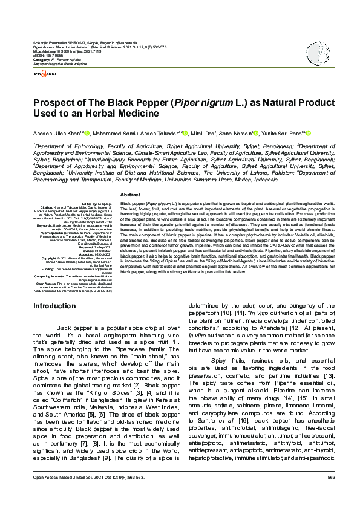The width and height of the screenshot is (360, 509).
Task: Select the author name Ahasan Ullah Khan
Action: (x=55, y=133)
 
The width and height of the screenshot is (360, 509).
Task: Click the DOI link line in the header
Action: (x=61, y=52)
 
